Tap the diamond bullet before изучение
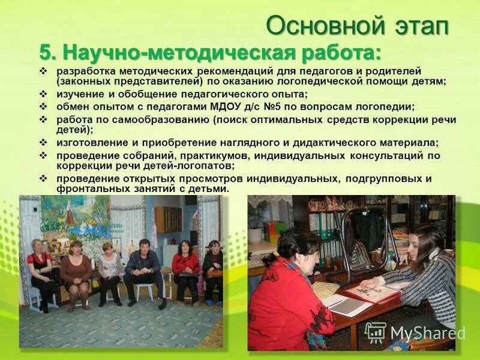tap(43, 95)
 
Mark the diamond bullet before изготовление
tap(43, 143)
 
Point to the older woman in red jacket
tap(287, 294)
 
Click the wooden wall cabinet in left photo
tap(168, 220)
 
